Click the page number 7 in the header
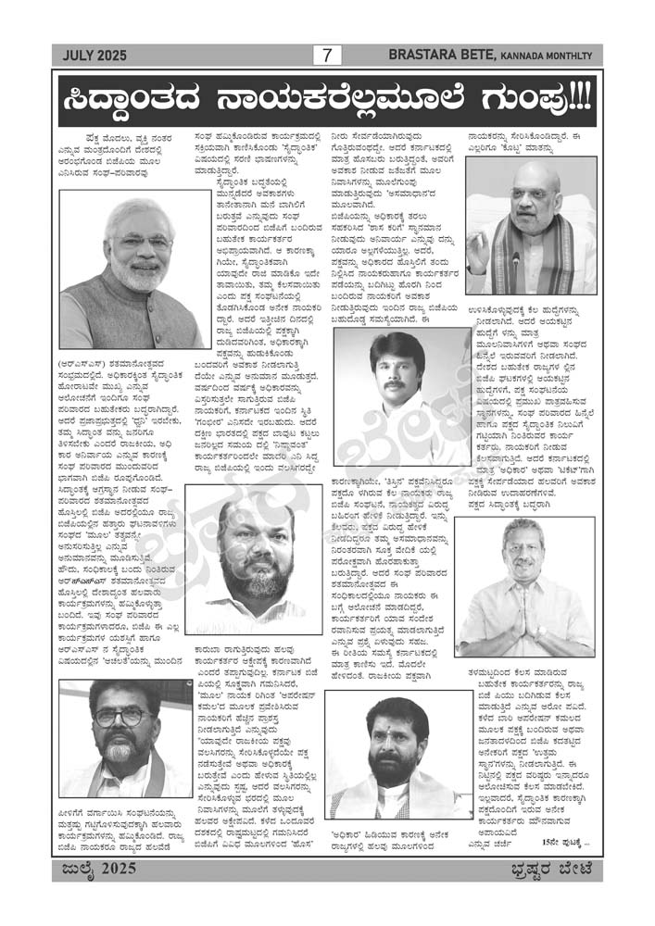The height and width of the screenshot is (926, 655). pos(327,56)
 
